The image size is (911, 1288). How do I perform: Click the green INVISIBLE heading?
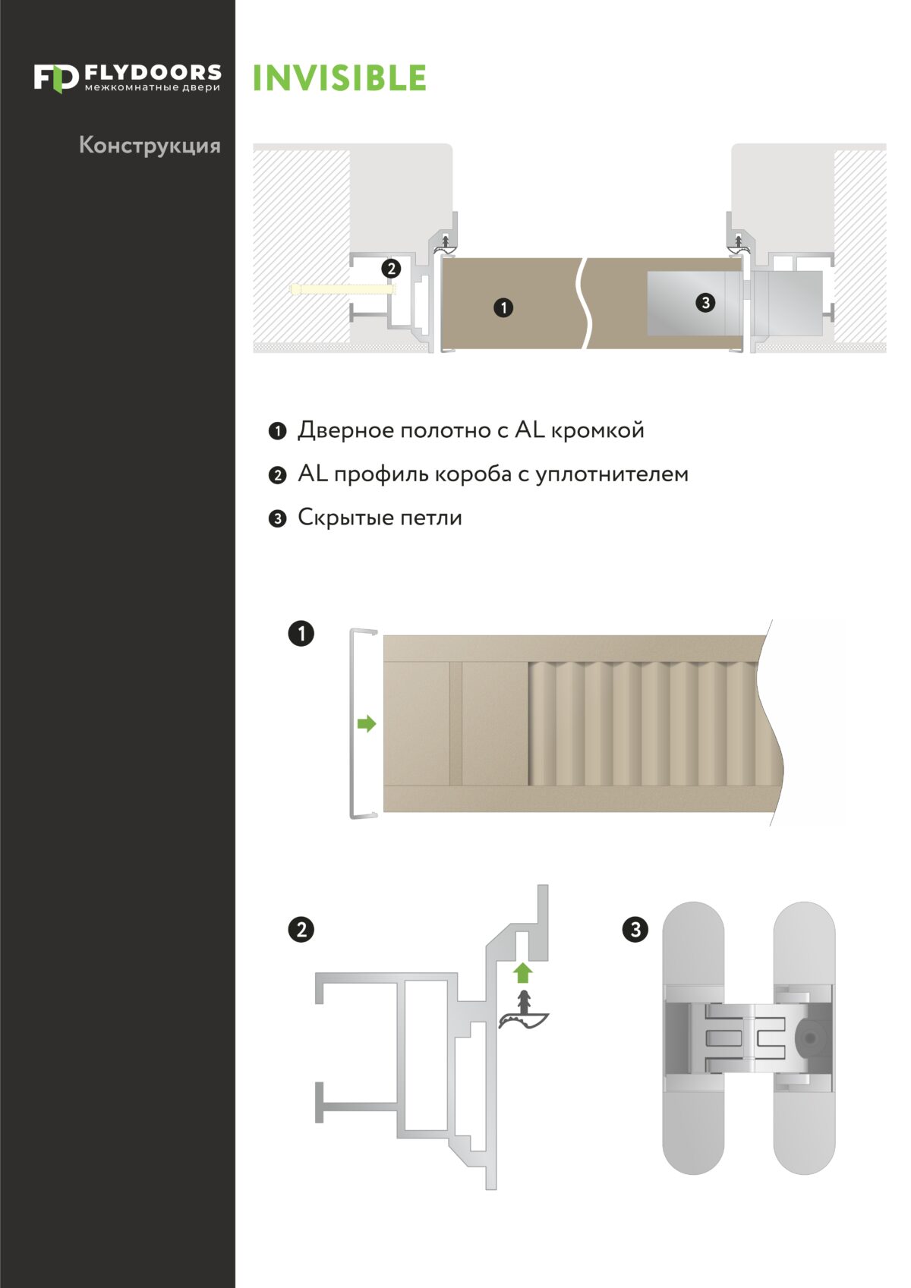(339, 78)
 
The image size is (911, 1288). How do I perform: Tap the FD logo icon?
(55, 78)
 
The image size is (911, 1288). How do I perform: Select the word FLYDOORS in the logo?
(153, 72)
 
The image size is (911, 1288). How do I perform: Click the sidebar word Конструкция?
(150, 145)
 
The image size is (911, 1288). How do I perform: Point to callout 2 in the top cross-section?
(390, 268)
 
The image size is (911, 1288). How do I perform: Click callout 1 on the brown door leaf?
(503, 307)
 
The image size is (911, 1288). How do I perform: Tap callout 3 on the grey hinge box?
(705, 303)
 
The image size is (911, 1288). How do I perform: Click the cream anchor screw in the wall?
(342, 289)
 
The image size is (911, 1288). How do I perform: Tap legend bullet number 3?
(278, 518)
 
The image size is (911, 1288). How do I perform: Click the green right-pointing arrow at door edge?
(367, 723)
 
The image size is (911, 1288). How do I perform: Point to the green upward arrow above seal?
(522, 972)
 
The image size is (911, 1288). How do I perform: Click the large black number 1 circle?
(301, 633)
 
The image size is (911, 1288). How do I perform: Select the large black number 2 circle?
(301, 929)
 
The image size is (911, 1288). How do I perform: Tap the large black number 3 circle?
(635, 929)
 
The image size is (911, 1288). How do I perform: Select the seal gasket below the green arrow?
(523, 1014)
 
